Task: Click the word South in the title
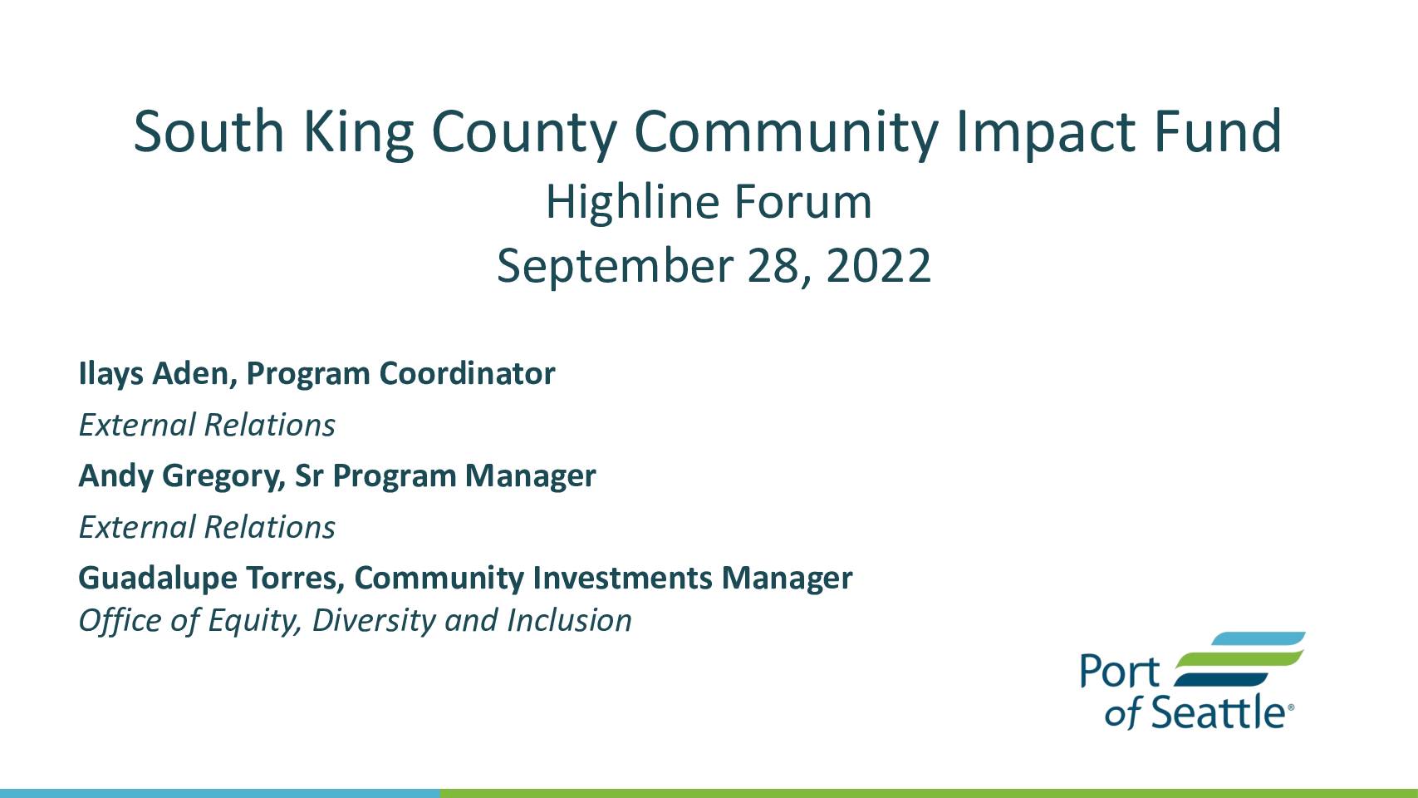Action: click(209, 131)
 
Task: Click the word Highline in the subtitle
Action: click(632, 202)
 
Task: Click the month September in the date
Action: click(615, 267)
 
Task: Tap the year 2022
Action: click(878, 265)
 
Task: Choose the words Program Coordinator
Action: click(400, 374)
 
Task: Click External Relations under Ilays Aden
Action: click(207, 425)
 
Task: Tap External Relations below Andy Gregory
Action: click(207, 528)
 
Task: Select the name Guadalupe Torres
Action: click(212, 579)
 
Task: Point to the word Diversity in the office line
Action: click(374, 621)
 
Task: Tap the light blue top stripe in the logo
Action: click(1259, 638)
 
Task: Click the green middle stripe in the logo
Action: click(1240, 658)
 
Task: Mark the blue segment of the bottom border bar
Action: click(219, 794)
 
